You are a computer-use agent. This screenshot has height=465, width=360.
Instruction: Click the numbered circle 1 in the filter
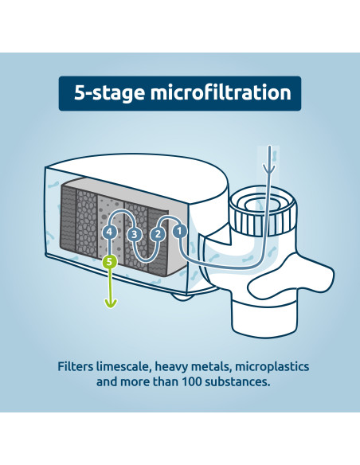click(180, 231)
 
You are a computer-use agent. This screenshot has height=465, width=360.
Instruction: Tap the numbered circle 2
click(158, 233)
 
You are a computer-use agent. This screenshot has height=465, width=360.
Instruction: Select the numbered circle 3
click(135, 234)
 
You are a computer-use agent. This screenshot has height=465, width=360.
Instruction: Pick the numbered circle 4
click(110, 232)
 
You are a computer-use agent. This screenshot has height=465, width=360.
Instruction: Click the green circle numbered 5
click(110, 260)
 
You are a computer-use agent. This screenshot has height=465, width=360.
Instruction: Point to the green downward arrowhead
click(110, 303)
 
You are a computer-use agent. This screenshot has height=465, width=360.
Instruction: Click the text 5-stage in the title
click(100, 93)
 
